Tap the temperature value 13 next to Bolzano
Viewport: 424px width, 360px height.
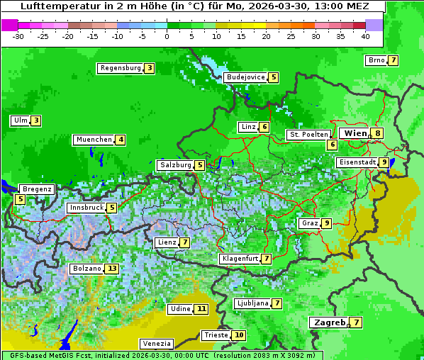tap(112, 269)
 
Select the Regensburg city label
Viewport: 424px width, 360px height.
tap(120, 69)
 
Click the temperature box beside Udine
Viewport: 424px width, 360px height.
tap(202, 309)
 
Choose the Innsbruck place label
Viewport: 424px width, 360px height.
tap(85, 208)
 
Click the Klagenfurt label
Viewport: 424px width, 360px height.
tap(239, 259)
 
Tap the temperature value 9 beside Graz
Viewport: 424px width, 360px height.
tap(326, 223)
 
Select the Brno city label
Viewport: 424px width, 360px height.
tap(376, 60)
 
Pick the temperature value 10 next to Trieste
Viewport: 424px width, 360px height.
tap(240, 335)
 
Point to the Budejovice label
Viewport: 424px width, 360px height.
tap(245, 77)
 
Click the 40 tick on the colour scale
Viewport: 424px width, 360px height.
tap(365, 36)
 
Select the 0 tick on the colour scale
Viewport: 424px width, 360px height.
tap(167, 36)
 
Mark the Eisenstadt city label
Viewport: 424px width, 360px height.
tap(357, 162)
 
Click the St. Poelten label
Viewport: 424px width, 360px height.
tap(308, 134)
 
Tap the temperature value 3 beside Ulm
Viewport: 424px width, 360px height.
tap(36, 120)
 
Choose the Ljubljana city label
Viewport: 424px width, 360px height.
tap(252, 303)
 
